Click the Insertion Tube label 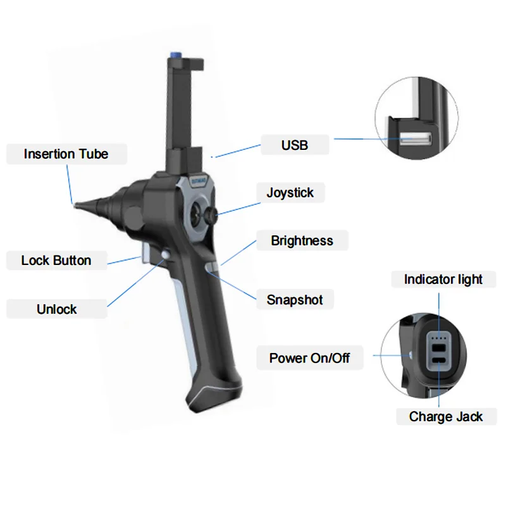(x=66, y=154)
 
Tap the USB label (x=295, y=145)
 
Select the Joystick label (x=290, y=193)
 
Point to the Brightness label (x=302, y=241)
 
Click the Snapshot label (x=295, y=300)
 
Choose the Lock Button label (x=56, y=261)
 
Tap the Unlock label (x=57, y=309)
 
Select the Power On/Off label (x=309, y=358)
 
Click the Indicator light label (x=443, y=280)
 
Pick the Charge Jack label (x=446, y=417)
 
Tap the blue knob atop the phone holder (x=176, y=54)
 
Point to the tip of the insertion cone (x=75, y=205)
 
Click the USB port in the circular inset (x=416, y=139)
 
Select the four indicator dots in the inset (x=439, y=338)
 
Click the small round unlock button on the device (x=166, y=255)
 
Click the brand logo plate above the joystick (x=197, y=181)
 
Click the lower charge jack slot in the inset (x=439, y=361)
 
